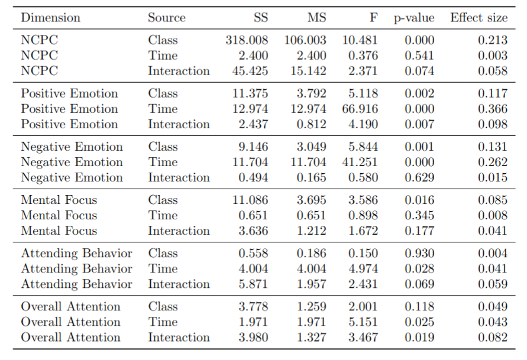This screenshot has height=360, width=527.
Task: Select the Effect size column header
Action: coord(478,18)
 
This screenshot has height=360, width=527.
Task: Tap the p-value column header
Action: coord(414,18)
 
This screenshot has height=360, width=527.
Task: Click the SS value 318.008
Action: coord(247,40)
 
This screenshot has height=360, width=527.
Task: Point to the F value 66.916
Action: coord(360,109)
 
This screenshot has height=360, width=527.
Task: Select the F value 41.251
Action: coord(360,162)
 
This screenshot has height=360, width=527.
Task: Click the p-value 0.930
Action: coord(419,253)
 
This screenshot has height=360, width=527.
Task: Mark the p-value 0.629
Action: coord(419,177)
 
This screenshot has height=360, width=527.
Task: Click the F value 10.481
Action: coord(360,40)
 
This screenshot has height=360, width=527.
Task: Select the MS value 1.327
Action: coord(311,337)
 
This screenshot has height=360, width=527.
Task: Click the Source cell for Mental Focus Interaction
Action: coord(179,231)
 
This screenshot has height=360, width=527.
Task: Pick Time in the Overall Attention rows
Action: coord(163,322)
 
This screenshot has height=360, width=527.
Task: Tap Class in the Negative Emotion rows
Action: coord(163,147)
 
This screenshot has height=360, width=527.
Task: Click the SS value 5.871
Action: coord(253,284)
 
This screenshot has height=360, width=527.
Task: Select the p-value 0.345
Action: coord(419,215)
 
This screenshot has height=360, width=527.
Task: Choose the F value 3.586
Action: coord(363,200)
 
